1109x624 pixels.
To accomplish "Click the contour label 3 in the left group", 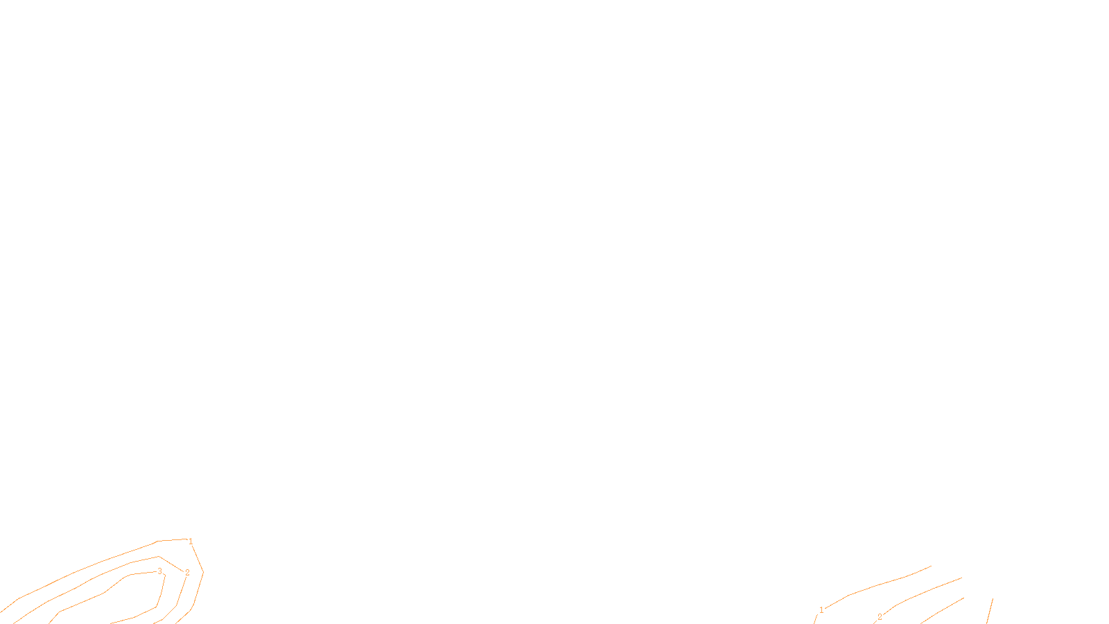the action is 159,571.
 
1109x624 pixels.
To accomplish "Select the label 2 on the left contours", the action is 186,573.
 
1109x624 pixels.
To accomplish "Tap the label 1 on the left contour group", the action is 191,541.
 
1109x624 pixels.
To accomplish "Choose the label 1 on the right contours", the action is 821,610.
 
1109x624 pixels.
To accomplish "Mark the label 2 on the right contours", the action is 880,617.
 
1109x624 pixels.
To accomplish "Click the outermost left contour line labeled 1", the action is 104,560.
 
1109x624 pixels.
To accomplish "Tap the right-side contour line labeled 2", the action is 922,593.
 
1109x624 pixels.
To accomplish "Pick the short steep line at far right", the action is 990,611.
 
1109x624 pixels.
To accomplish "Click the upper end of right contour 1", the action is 930,566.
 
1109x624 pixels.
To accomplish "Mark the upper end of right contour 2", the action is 961,578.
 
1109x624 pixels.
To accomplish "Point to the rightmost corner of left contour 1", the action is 202,572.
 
